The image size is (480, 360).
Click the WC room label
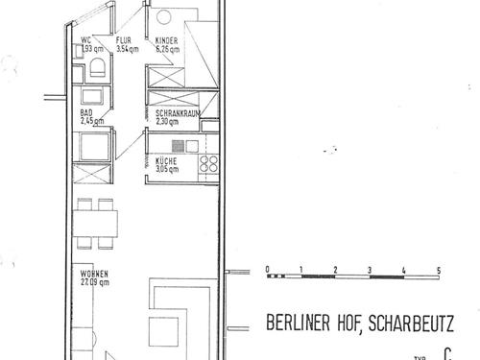[84, 40]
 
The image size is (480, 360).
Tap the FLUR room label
[124, 40]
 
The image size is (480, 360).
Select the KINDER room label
[168, 40]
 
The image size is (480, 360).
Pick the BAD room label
[86, 113]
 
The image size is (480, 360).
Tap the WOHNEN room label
[95, 276]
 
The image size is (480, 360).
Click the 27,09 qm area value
[95, 284]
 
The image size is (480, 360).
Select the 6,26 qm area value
[168, 48]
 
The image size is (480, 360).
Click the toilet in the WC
[97, 68]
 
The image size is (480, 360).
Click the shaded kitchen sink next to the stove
[188, 145]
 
